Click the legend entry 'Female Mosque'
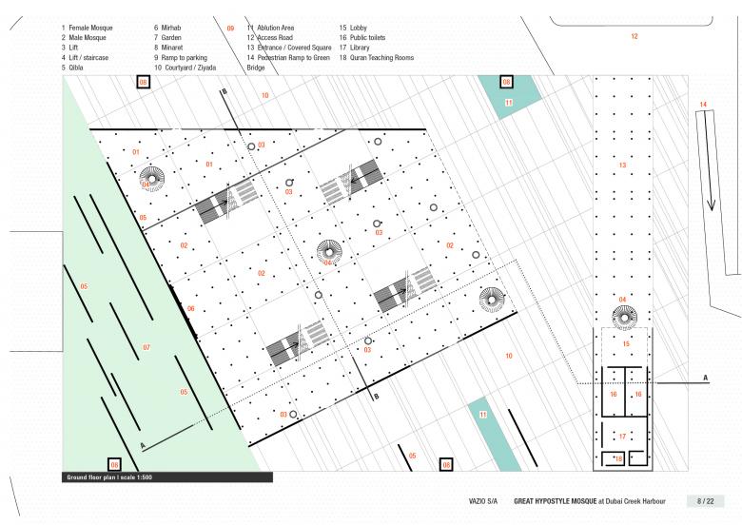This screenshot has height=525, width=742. (90, 28)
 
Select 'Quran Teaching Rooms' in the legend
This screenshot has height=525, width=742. (381, 58)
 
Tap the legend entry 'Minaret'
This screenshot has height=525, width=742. (172, 48)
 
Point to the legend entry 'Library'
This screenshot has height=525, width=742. (360, 48)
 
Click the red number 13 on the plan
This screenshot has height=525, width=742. (622, 165)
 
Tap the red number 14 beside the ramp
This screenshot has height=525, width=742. (703, 105)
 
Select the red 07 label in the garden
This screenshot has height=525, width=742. (146, 347)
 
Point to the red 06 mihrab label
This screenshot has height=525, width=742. (190, 308)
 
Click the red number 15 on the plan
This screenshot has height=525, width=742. (626, 344)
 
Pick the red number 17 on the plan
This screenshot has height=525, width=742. (622, 437)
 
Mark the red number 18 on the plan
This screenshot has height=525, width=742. (618, 458)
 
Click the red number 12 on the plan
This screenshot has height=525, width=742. (635, 36)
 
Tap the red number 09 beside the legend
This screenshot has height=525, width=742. (230, 29)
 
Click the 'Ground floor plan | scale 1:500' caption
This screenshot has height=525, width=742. (109, 477)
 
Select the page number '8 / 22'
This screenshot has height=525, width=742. (705, 501)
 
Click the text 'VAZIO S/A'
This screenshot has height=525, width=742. (483, 501)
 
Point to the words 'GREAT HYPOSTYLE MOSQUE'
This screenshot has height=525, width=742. (556, 501)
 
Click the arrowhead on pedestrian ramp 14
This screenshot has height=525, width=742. (711, 204)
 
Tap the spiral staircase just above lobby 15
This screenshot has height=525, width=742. (624, 318)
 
